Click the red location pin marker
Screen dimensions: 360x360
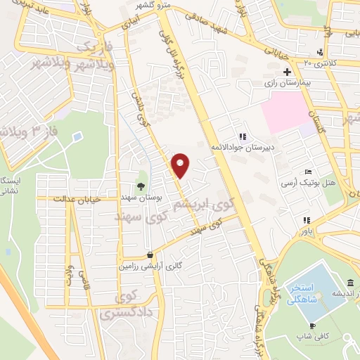coord(181,165)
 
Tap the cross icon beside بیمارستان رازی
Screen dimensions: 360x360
coord(287,72)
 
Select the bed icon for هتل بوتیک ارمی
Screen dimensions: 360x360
coord(308,172)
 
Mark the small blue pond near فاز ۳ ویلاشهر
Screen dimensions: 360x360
coord(77,135)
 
